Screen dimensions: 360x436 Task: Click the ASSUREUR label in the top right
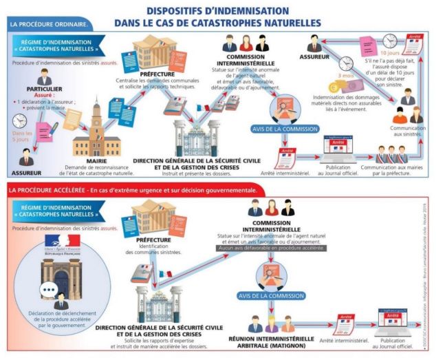point(317,58)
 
